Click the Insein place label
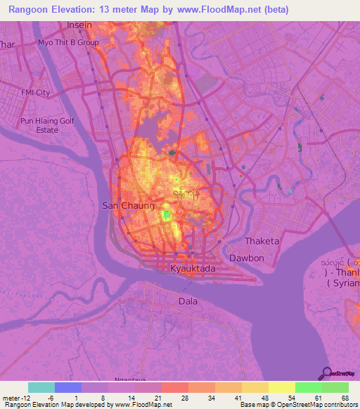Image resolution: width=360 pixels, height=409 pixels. (x=79, y=25)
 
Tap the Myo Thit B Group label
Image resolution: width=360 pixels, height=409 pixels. (x=68, y=42)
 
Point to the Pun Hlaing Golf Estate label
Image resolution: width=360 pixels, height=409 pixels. (x=48, y=125)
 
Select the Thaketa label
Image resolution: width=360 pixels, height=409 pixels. (x=262, y=241)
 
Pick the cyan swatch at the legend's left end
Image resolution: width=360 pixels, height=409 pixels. (x=41, y=387)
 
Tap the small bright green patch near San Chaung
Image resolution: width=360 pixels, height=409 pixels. (x=166, y=215)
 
